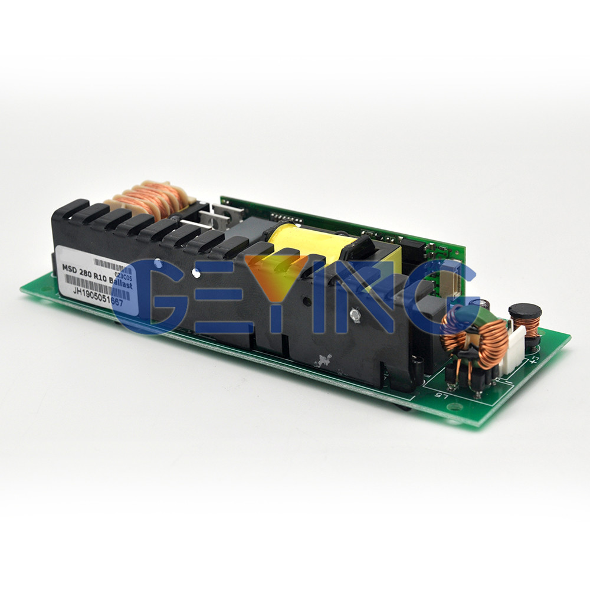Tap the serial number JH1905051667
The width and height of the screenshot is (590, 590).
[98, 293]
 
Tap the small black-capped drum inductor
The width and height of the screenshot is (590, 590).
[525, 319]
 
